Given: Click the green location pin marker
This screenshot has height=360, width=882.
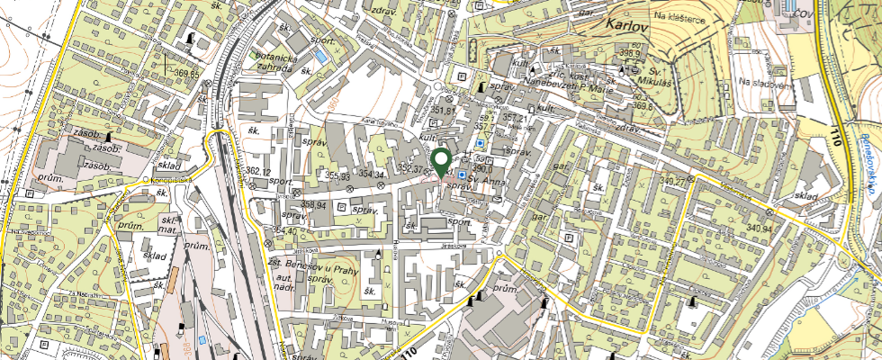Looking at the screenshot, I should point(441,162).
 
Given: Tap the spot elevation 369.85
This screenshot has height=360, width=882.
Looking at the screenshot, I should point(187,74).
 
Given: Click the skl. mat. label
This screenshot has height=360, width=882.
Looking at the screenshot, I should point(167,224).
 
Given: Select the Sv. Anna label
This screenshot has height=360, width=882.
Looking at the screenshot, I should point(489,180).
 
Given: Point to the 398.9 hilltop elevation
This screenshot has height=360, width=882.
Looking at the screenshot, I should point(629,54).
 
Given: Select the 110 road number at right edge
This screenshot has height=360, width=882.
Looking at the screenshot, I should point(841,139).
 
